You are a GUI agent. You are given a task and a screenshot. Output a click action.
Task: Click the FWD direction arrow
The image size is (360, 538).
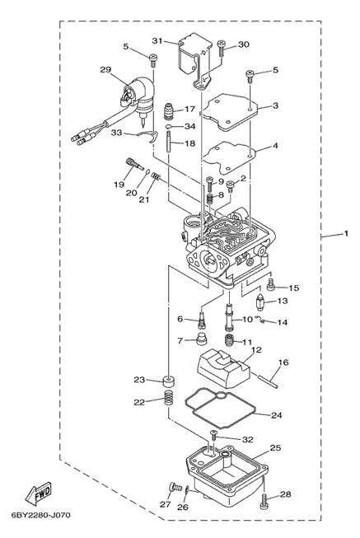pyautogui.click(x=39, y=493)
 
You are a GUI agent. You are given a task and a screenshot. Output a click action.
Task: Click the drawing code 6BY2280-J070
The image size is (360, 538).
pyautogui.click(x=41, y=515)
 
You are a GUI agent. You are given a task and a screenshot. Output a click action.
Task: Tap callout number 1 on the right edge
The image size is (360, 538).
pyautogui.click(x=346, y=233)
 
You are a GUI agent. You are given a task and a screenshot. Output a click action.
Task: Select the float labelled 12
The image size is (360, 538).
pyautogui.click(x=222, y=367)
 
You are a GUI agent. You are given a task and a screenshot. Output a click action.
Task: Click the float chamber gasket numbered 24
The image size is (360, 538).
pyautogui.click(x=220, y=409)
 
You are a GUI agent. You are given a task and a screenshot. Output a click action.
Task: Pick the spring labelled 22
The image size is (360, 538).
pyautogui.click(x=168, y=398)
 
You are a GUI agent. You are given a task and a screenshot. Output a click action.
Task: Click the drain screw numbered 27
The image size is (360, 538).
pyautogui.click(x=175, y=487)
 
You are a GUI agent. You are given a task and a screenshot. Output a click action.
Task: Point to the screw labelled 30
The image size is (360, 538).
pyautogui.click(x=222, y=48)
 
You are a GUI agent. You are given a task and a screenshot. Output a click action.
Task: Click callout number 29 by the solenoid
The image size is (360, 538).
pyautogui.click(x=105, y=70)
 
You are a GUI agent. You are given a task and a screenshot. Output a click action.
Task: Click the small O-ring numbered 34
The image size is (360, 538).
pyautogui.click(x=169, y=128)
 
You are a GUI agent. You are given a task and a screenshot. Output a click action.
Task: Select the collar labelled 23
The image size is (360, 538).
pyautogui.click(x=168, y=381)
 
